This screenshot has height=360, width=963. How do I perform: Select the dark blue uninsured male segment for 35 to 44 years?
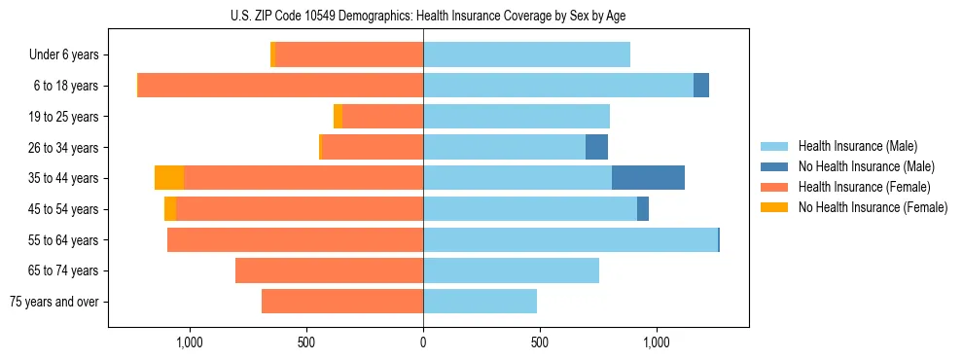click(x=648, y=178)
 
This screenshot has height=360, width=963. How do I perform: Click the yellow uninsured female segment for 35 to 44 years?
click(x=169, y=178)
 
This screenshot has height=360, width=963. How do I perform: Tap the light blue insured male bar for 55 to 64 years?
click(x=570, y=239)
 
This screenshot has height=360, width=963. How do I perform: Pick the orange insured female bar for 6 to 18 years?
click(x=280, y=86)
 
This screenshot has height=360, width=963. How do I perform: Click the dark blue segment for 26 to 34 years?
click(x=596, y=147)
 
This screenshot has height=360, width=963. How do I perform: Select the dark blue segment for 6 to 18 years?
click(x=701, y=86)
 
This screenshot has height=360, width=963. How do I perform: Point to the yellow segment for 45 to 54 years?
click(x=170, y=209)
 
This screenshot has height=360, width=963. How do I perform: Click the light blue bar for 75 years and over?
click(x=480, y=302)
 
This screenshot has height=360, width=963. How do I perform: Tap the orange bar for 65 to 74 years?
click(x=329, y=270)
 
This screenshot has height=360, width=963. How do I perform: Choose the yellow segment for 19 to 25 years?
click(x=338, y=117)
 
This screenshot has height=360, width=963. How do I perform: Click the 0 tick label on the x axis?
click(x=423, y=342)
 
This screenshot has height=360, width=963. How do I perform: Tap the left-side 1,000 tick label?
click(x=189, y=342)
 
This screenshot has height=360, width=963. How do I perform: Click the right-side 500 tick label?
click(x=540, y=342)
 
